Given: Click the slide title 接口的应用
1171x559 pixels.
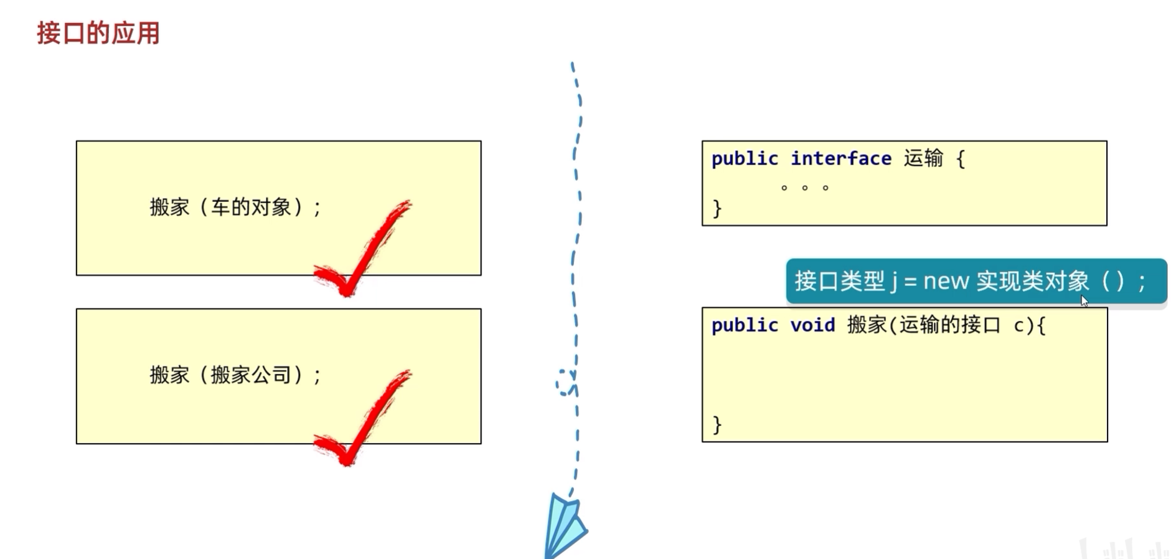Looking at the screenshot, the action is [98, 33].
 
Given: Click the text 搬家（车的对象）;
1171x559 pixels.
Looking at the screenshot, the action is [235, 207].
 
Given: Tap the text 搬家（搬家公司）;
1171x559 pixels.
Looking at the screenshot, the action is [235, 375].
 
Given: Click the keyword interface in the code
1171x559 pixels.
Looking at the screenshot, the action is [840, 159].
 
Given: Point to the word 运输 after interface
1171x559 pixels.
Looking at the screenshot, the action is [923, 159].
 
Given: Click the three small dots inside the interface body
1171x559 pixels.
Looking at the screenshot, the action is [804, 188].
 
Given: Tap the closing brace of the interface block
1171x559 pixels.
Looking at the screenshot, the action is [717, 208].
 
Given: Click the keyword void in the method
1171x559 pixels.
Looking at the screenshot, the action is [812, 325].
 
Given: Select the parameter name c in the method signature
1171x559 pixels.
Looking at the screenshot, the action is [1018, 325].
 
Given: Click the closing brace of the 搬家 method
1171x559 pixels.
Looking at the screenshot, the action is [717, 425].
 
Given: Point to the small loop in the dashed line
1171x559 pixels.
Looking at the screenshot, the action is [565, 383].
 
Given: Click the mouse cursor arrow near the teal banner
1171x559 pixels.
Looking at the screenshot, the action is [1084, 301].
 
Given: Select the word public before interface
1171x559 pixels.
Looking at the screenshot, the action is [745, 159].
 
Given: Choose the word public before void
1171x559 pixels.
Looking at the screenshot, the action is [745, 325].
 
